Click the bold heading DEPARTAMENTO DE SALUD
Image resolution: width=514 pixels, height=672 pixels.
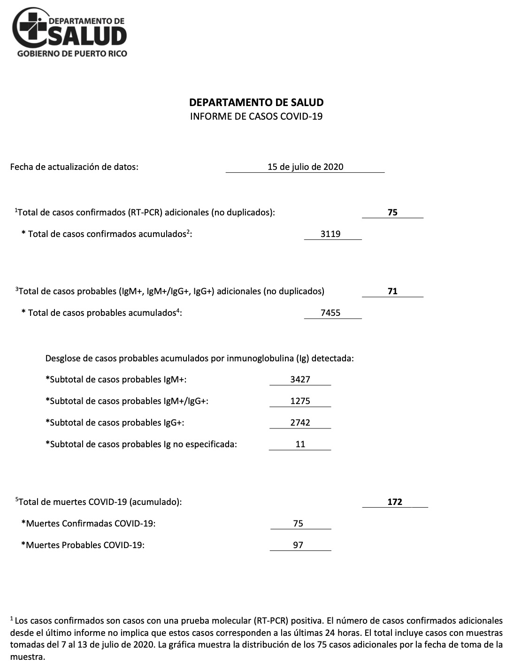tap(256, 102)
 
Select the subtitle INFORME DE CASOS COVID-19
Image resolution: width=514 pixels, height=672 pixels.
tap(256, 116)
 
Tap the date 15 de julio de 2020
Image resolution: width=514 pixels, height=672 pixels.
tap(305, 167)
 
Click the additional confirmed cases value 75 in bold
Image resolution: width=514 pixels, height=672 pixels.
tap(392, 212)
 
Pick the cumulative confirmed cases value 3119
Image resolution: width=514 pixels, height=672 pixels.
tap(330, 234)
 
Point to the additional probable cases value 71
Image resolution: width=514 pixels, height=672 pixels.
tap(392, 291)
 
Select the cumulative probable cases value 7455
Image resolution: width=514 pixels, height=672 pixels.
tap(330, 313)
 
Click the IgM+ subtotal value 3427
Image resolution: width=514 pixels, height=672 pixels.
tap(300, 379)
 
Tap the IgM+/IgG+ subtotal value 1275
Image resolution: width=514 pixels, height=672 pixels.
tap(300, 401)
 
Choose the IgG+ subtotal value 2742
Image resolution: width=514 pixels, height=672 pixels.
tap(300, 422)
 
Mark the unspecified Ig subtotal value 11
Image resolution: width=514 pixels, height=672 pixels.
tap(300, 444)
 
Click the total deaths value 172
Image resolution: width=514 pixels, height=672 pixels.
tap(395, 502)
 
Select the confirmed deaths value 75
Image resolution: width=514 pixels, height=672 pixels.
tap(298, 523)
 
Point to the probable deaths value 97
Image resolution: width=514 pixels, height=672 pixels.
tap(298, 545)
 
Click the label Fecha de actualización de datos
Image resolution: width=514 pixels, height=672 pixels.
tap(74, 167)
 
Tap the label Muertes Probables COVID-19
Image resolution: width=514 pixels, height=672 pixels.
tap(83, 545)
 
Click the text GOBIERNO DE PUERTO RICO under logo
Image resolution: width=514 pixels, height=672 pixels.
tap(72, 53)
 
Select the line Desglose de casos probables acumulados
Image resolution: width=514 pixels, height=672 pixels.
tap(199, 359)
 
